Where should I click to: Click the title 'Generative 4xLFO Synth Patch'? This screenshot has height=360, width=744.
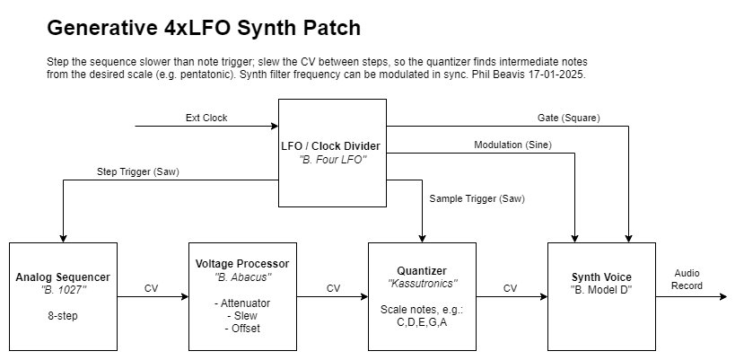(x=204, y=28)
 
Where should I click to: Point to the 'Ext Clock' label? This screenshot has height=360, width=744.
(x=206, y=118)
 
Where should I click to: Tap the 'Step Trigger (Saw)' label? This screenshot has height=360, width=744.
(x=137, y=171)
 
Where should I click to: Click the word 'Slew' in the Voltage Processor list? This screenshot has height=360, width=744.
(x=242, y=316)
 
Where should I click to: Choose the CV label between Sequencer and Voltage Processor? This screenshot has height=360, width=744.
(x=153, y=288)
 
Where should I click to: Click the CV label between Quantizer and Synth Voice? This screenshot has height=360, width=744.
(x=511, y=288)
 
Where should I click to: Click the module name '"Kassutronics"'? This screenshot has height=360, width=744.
(x=422, y=283)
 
